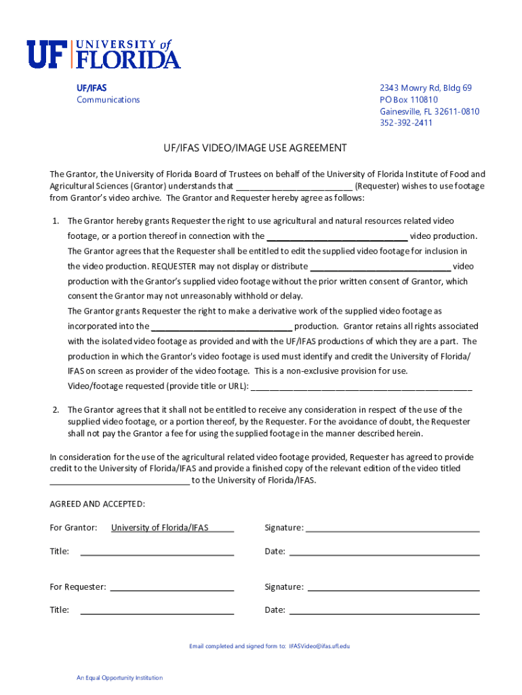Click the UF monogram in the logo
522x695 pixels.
pos(48,54)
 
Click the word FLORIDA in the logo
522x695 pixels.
pos(127,60)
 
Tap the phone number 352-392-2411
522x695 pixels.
pos(405,123)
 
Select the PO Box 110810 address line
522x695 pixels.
pos(408,100)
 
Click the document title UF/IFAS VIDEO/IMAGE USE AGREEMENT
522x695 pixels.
pos(254,148)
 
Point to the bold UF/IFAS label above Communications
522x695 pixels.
pos(91,88)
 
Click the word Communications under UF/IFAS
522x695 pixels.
pos(108,100)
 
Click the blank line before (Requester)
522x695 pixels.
pos(294,187)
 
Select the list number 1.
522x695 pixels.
pos(56,221)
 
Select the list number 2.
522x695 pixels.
pos(56,410)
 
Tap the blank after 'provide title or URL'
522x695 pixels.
pos(361,387)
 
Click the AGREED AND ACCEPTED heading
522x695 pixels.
pos(97,504)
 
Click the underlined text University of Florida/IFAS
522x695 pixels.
pos(160,528)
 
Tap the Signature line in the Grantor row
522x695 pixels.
pos(393,529)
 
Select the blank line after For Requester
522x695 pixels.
pos(172,588)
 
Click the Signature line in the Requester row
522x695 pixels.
pos(393,588)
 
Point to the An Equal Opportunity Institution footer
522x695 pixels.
pos(119,678)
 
